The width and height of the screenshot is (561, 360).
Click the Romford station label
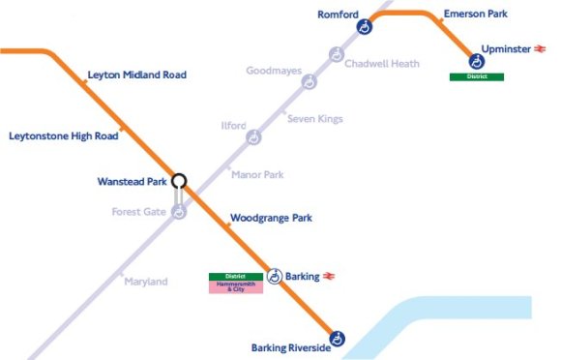(339, 14)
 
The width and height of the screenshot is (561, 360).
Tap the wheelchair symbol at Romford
(364, 28)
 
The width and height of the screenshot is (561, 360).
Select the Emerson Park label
(475, 14)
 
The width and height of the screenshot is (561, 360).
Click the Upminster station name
(506, 47)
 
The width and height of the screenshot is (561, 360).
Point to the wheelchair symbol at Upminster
(476, 61)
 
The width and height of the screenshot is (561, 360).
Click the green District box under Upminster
(476, 76)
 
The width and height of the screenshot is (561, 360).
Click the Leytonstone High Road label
(63, 136)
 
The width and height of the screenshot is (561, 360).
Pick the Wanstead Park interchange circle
(179, 180)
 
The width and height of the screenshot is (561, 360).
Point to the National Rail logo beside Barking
(330, 277)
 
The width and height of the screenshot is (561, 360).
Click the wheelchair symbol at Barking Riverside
(338, 339)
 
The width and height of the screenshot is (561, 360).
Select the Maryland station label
(145, 282)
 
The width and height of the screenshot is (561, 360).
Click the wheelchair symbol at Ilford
(253, 137)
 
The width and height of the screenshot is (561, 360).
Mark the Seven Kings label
(315, 119)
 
